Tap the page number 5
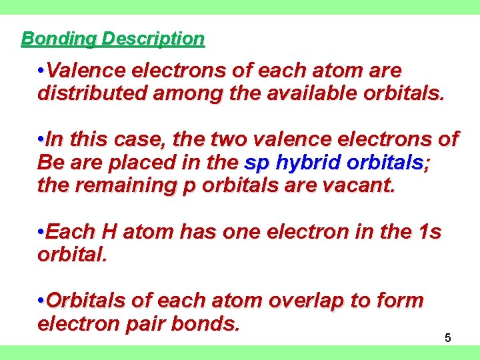tap(448, 338)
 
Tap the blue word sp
tap(257, 162)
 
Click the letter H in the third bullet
tap(111, 232)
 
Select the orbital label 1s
tap(428, 232)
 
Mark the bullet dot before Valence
tap(41, 70)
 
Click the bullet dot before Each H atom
tap(41, 232)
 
